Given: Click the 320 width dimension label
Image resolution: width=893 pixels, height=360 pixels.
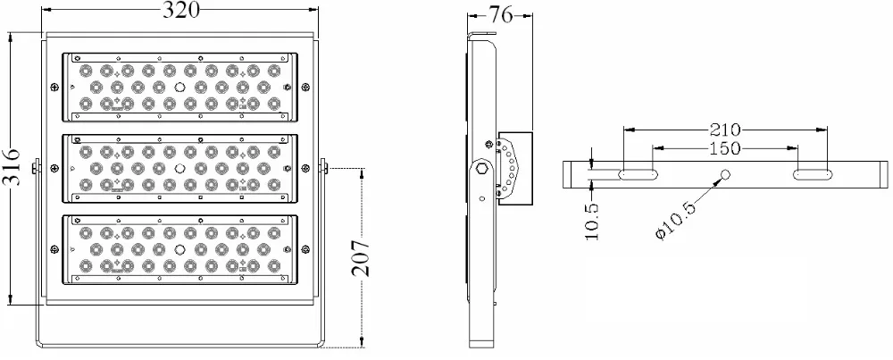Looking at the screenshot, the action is click(182, 10).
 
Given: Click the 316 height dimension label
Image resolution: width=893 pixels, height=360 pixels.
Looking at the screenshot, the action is click(11, 167).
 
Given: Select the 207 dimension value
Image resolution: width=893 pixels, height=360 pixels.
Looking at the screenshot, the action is click(360, 258).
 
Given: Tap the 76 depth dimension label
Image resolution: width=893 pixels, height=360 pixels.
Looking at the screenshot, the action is click(501, 15).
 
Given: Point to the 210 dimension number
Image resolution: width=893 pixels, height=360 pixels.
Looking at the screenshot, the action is click(725, 130).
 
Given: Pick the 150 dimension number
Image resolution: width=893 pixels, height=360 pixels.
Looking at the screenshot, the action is click(725, 148).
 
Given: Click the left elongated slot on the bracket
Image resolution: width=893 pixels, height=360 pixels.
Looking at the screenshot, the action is click(638, 174).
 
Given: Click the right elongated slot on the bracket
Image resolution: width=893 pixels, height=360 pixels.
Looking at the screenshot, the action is click(812, 174).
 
